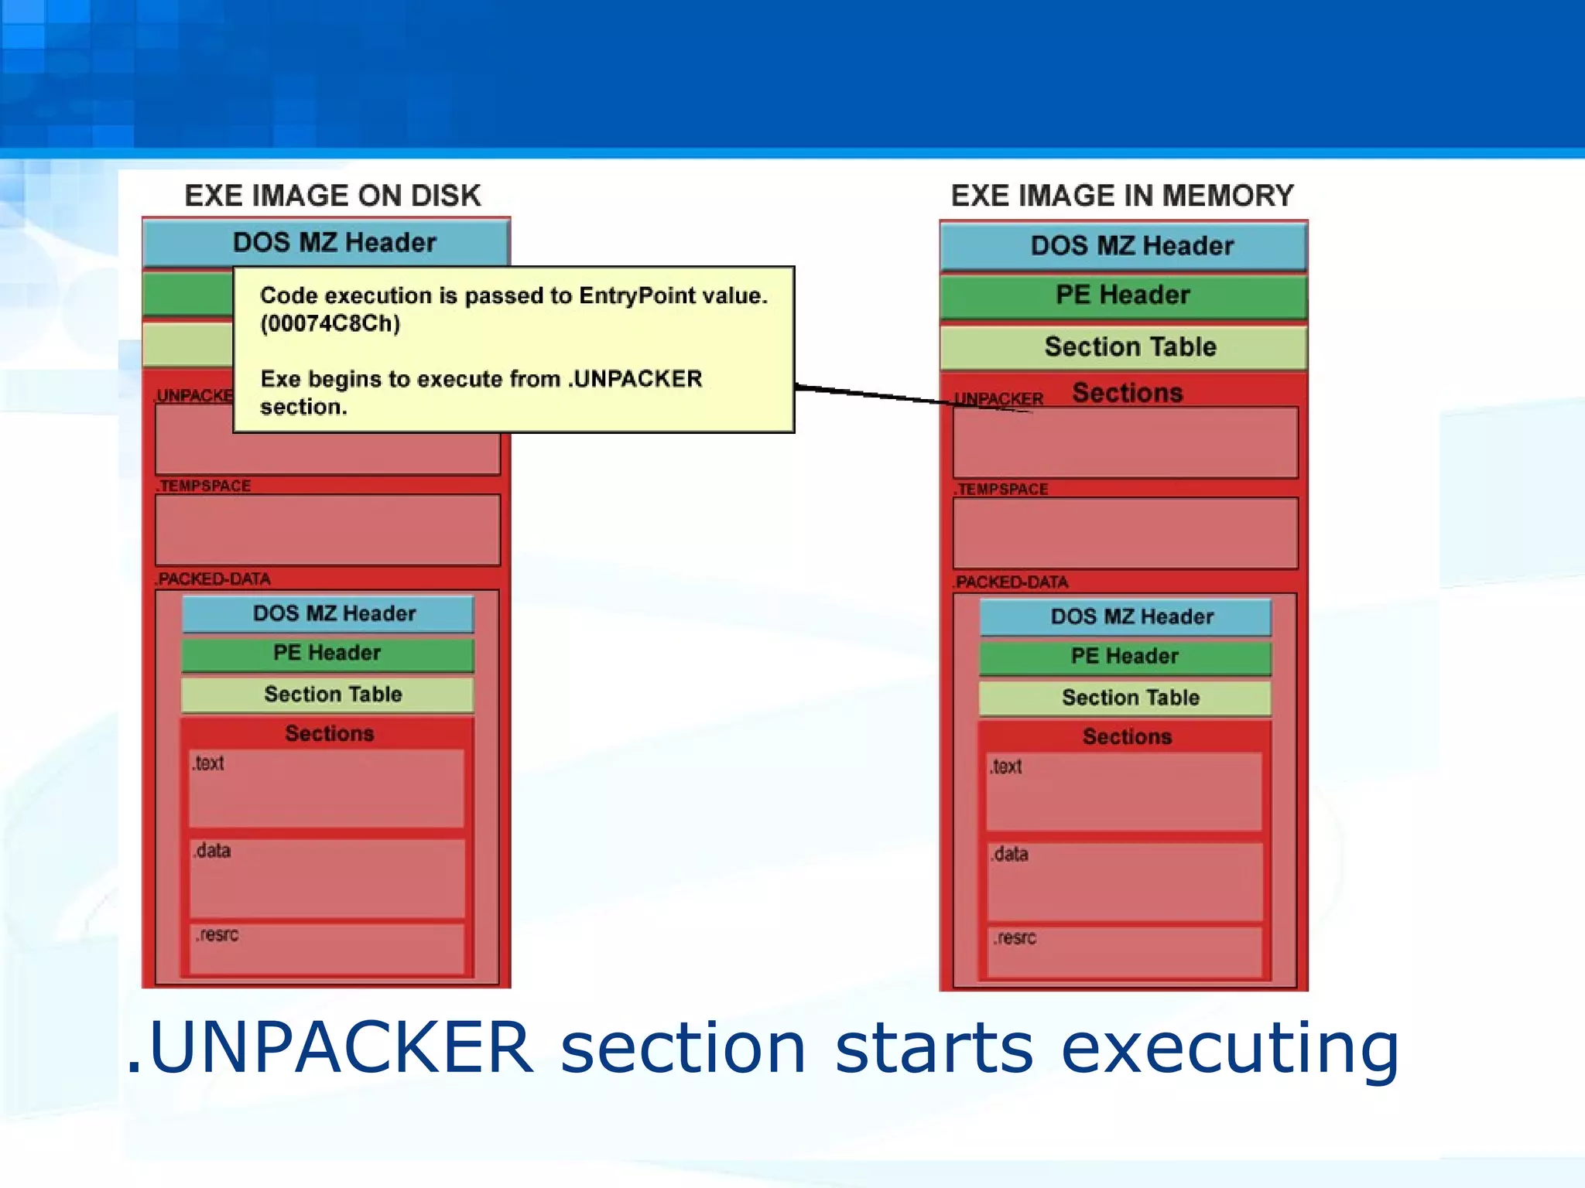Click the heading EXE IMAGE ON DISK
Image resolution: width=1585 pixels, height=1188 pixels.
(x=332, y=196)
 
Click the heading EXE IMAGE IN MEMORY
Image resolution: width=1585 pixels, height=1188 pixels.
(x=1122, y=196)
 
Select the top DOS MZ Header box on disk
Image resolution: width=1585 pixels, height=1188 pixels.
(x=334, y=243)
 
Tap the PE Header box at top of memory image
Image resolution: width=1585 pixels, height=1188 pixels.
(x=1122, y=295)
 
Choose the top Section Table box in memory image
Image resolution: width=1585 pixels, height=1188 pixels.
(x=1130, y=346)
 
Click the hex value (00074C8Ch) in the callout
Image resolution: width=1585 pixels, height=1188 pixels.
(x=330, y=323)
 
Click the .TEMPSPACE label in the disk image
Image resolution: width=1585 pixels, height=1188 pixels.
(x=204, y=486)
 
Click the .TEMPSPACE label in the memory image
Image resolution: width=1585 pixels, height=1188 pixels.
(x=1001, y=489)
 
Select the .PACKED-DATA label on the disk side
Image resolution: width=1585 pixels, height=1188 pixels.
(x=213, y=579)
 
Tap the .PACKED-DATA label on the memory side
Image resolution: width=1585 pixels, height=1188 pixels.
(x=1011, y=582)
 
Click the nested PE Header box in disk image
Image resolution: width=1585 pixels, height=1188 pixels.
(x=327, y=653)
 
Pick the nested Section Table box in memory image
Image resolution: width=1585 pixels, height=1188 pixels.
(x=1130, y=698)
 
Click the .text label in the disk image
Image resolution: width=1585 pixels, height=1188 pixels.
(x=208, y=763)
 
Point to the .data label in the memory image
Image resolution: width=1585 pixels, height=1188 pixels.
(x=1009, y=854)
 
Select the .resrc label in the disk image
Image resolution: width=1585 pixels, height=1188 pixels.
(x=217, y=935)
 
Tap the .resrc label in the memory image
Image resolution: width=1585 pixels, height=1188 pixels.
(x=1015, y=938)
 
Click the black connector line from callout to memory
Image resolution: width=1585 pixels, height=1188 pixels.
(x=875, y=394)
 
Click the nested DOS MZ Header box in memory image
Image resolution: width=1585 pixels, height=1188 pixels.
(x=1131, y=617)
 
